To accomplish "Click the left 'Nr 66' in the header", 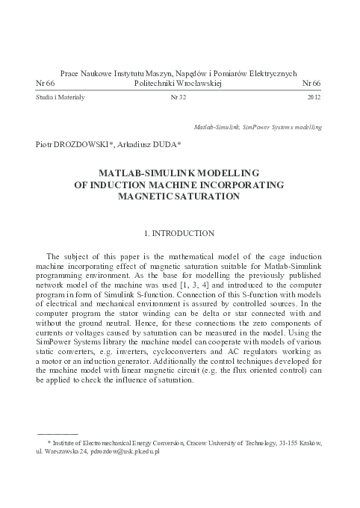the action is coord(46,84).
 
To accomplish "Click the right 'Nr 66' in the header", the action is coord(312,84).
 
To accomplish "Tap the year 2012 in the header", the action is coord(314,98).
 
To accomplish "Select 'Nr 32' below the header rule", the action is coord(179,98).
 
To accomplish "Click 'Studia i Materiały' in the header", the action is coord(60,98).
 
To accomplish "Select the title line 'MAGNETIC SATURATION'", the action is coord(179,197).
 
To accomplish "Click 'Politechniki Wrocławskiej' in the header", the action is coord(179,84).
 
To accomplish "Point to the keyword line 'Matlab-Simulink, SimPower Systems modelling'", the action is coord(258,128).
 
